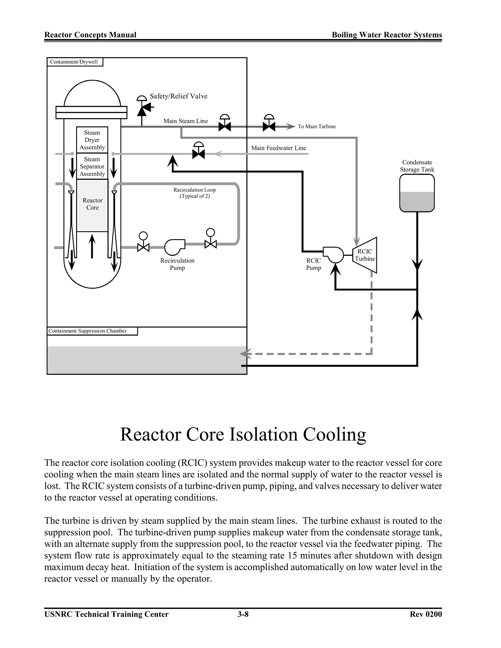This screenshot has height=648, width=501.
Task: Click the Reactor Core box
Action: click(x=92, y=205)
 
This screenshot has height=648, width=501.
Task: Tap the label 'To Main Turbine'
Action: click(x=317, y=126)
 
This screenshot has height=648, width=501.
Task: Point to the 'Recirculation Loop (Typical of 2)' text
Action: click(x=194, y=193)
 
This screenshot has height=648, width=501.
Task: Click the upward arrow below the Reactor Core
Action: click(x=92, y=246)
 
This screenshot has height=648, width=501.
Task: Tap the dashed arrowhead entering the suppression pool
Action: click(x=245, y=354)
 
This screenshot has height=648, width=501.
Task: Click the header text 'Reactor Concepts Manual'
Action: click(x=90, y=35)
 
